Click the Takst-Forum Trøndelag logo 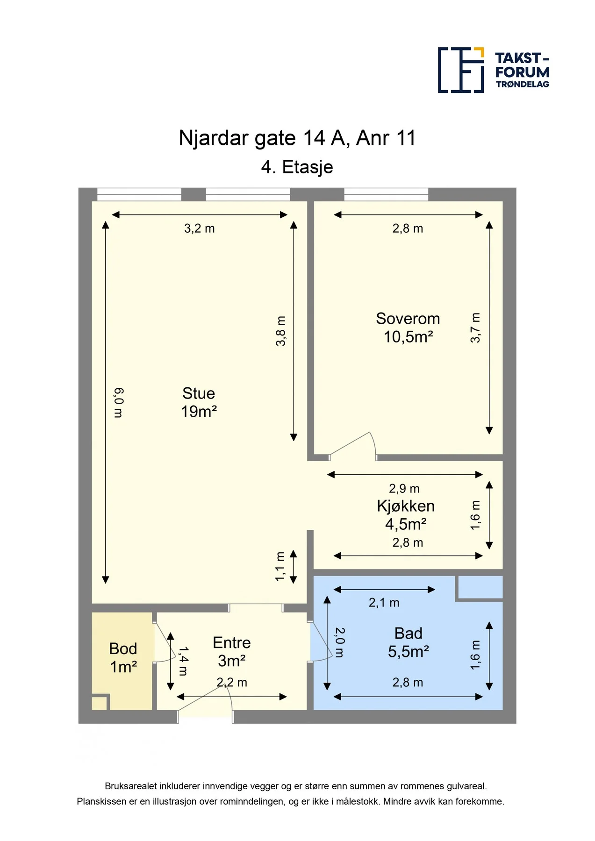pyautogui.click(x=494, y=70)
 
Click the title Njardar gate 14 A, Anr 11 pyautogui.click(x=297, y=138)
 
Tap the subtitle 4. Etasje pyautogui.click(x=297, y=167)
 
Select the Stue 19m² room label pyautogui.click(x=199, y=402)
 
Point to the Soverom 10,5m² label pyautogui.click(x=408, y=328)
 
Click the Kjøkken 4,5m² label pyautogui.click(x=406, y=515)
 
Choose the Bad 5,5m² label pyautogui.click(x=409, y=642)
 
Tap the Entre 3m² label pyautogui.click(x=232, y=652)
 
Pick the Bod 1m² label pyautogui.click(x=123, y=658)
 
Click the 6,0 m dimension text pyautogui.click(x=118, y=403)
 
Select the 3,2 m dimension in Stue pyautogui.click(x=200, y=228)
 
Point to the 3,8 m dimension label pyautogui.click(x=280, y=331)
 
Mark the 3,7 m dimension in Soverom pyautogui.click(x=475, y=328)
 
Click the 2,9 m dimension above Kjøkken pyautogui.click(x=404, y=489)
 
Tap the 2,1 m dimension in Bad pyautogui.click(x=384, y=603)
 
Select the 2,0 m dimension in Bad pyautogui.click(x=340, y=642)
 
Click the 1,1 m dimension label pyautogui.click(x=280, y=567)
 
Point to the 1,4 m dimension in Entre pyautogui.click(x=183, y=661)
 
